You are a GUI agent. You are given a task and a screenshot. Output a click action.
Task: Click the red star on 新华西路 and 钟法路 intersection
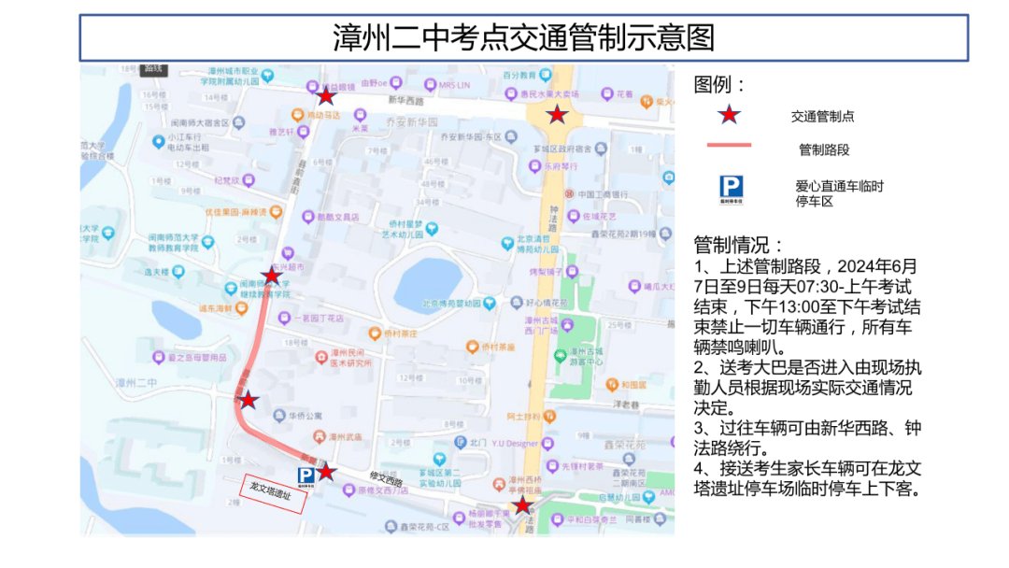(557, 115)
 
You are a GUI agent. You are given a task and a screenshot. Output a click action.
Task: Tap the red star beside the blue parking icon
(325, 471)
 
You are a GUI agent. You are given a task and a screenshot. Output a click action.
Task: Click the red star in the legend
(729, 116)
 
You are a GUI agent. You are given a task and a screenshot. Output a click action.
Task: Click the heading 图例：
(720, 85)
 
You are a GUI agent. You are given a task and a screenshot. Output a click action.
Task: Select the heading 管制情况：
(740, 246)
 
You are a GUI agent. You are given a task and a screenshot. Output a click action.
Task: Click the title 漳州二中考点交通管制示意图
(523, 38)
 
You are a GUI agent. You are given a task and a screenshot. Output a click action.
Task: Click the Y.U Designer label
(515, 443)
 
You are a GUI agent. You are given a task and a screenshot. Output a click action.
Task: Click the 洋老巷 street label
(626, 404)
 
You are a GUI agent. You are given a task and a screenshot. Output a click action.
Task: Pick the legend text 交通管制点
(822, 117)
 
